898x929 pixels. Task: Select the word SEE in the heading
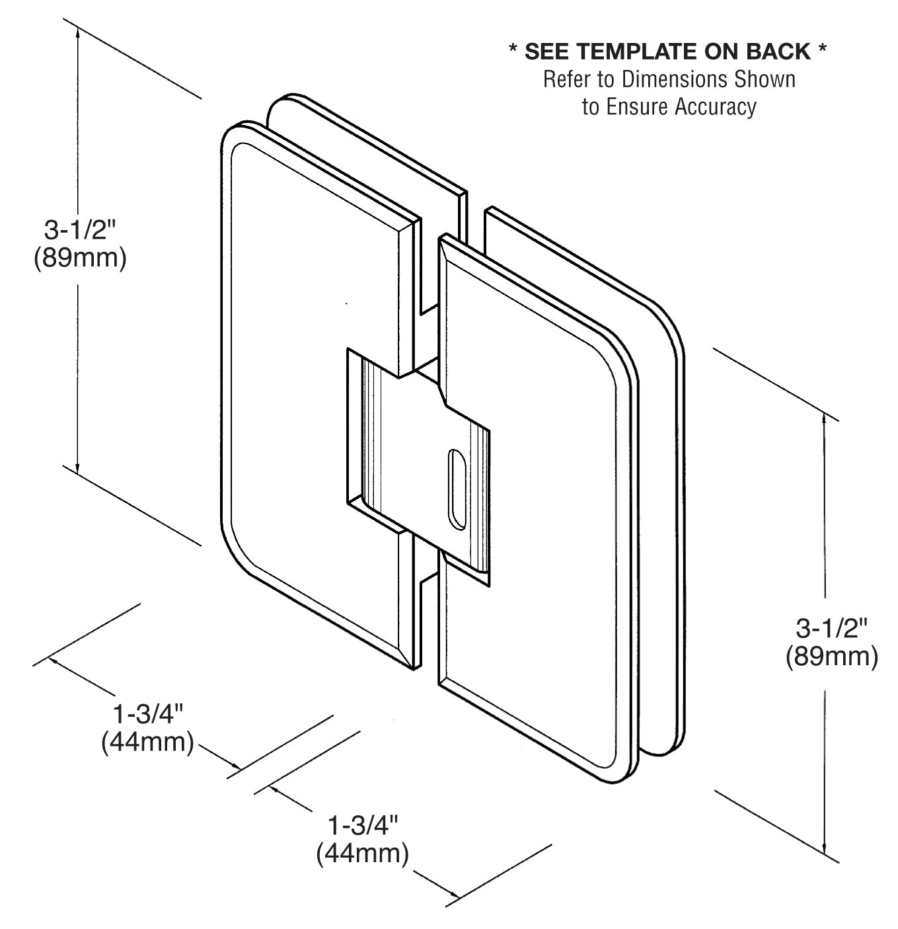551,51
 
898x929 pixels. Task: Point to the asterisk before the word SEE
513,51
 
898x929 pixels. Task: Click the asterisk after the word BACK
822,51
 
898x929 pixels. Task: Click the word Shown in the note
762,79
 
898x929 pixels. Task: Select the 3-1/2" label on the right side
831,628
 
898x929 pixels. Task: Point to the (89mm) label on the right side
831,657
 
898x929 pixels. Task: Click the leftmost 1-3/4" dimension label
147,714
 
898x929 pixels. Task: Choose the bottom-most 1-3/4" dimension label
363,825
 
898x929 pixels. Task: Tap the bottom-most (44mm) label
363,854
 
